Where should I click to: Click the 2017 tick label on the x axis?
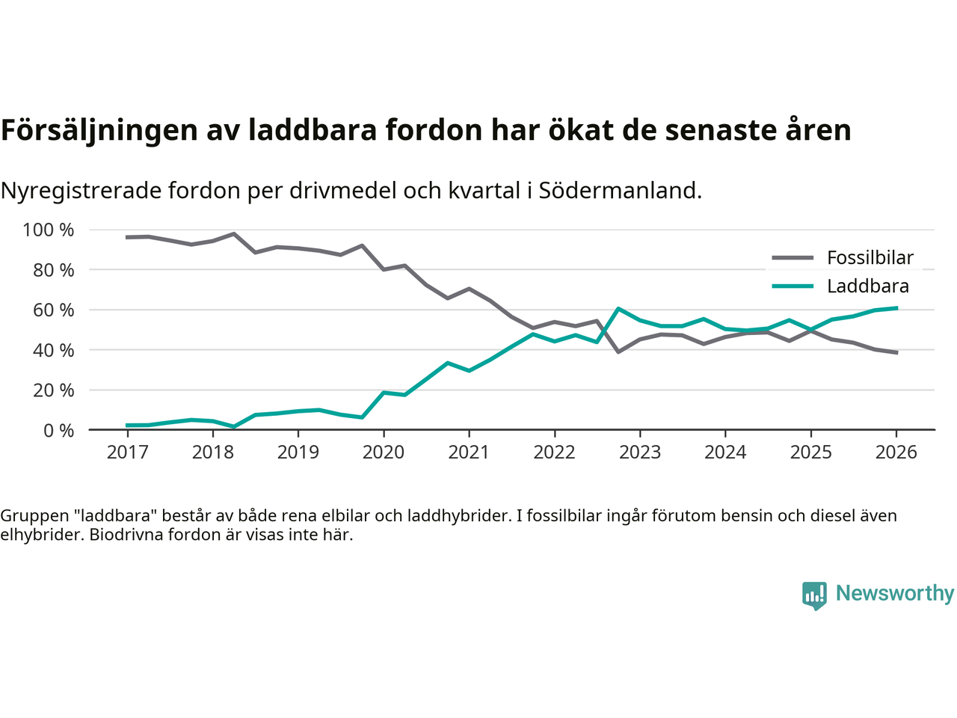point(127,452)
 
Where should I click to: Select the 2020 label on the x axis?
point(384,452)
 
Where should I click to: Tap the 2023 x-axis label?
point(640,452)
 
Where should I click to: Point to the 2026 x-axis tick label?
point(896,452)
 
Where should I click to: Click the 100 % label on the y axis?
point(49,230)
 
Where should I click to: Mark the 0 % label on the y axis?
point(58,430)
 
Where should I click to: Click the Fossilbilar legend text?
point(870,258)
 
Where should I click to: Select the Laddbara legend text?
point(868,286)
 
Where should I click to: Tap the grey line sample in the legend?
point(793,258)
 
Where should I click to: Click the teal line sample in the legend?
point(793,286)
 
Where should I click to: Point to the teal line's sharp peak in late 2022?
point(618,308)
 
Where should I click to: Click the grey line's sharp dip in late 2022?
point(618,352)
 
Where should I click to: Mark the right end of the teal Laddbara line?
point(896,308)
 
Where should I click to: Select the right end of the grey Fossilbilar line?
point(896,352)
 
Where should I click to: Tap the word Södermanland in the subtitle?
point(619,191)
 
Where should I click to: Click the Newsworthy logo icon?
point(814,595)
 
